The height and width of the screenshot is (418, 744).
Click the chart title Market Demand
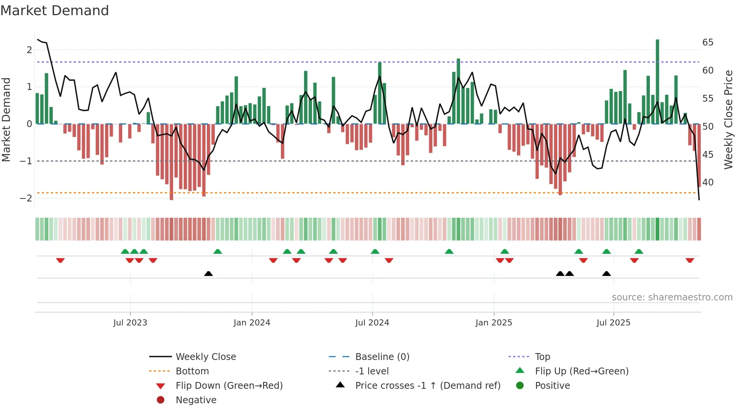[55, 11]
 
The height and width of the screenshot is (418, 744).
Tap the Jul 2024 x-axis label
[372, 323]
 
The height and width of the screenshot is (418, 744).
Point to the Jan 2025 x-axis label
[493, 323]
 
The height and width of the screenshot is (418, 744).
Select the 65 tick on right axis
[708, 42]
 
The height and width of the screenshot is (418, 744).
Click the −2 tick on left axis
[26, 198]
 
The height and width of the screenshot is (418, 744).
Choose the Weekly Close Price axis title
[728, 119]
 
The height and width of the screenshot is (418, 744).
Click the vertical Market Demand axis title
[6, 119]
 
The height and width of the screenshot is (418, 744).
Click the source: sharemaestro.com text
[672, 297]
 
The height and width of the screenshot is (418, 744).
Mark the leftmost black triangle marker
[208, 273]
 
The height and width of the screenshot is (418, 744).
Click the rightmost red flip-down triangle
[690, 260]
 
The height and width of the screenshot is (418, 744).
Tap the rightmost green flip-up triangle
[639, 251]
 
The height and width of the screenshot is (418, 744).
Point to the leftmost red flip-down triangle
[60, 260]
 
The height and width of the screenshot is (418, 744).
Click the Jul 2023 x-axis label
[130, 323]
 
